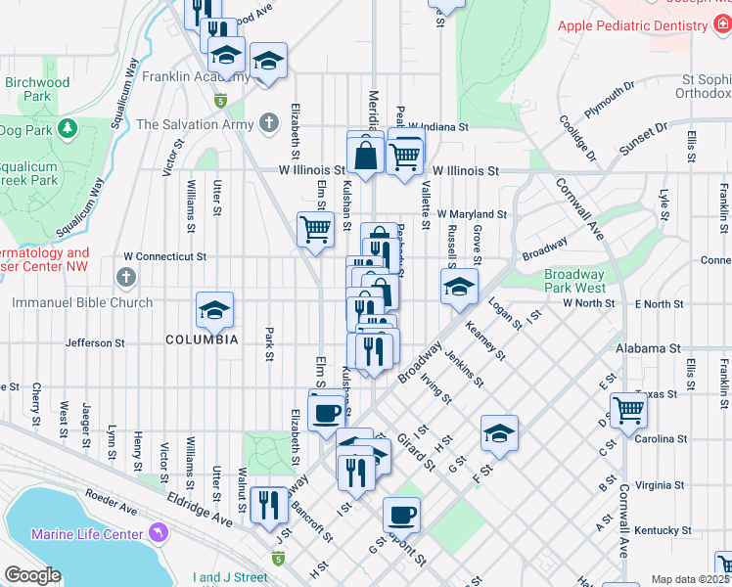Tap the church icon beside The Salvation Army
[269, 124]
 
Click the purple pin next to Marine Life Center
[158, 533]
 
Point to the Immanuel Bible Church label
[82, 302]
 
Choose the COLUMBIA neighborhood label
[202, 339]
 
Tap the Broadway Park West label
[574, 281]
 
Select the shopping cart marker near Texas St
[628, 409]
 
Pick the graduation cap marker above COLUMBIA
[214, 311]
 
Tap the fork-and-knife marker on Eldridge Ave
[268, 505]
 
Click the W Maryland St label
[472, 213]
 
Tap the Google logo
[32, 575]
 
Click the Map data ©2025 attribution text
[689, 579]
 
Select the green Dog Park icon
[67, 128]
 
